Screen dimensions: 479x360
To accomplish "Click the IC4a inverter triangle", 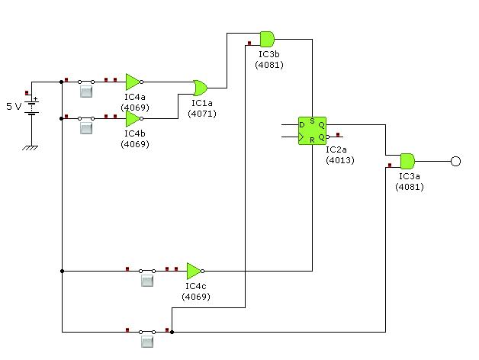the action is tap(133, 82).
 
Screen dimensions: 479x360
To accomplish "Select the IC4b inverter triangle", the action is tap(133, 118).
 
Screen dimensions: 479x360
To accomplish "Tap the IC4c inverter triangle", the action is tap(194, 271).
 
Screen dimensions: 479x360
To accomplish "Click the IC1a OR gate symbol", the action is tap(201, 88).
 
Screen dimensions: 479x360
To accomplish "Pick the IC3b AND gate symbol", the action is tap(267, 39).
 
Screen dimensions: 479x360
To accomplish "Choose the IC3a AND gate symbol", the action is tap(407, 161).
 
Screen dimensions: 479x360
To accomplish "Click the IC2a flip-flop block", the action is tap(312, 130).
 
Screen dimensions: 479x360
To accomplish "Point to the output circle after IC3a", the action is tap(455, 161).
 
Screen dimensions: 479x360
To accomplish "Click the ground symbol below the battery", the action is tap(31, 148).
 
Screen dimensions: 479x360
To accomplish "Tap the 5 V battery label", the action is tap(14, 106).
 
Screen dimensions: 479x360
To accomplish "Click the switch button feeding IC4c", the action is tap(147, 281).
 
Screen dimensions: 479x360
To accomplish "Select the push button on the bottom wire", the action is tap(147, 342).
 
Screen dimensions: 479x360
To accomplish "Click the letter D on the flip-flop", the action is tap(302, 124).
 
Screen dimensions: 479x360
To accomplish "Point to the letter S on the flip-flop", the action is tap(312, 121).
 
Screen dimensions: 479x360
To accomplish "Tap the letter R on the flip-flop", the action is tap(312, 140).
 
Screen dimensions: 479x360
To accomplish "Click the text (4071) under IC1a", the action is tap(202, 114).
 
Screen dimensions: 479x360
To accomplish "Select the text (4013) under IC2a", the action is tap(340, 160).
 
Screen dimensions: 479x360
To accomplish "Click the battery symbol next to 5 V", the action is tap(32, 107).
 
